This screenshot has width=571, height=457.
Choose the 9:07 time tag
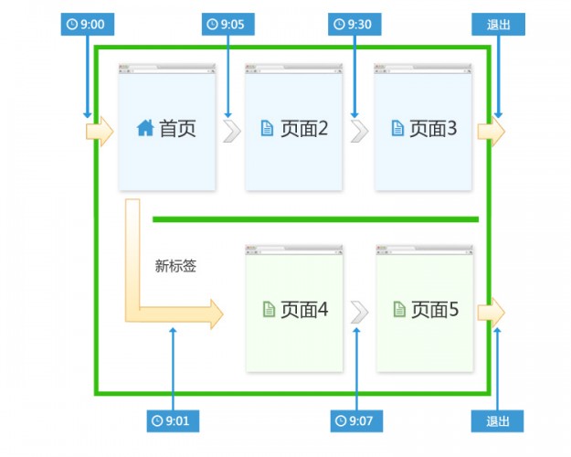point(356,420)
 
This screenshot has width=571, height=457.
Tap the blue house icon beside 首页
point(145,129)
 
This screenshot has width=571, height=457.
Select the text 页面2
point(304,129)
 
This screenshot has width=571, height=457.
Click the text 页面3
point(433,129)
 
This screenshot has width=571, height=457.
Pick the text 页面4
point(304,310)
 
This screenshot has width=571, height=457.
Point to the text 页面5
point(435,310)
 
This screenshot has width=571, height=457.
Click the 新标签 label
point(175,267)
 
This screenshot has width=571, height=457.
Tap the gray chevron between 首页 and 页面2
point(232,131)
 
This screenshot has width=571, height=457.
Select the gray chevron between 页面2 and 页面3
point(360,131)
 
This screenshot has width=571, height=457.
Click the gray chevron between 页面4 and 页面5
point(360,312)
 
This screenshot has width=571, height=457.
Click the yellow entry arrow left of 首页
point(99,132)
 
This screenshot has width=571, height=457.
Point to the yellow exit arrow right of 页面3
point(491,132)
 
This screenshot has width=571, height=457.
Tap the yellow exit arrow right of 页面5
point(491,312)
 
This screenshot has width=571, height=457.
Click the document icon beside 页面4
point(269,310)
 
